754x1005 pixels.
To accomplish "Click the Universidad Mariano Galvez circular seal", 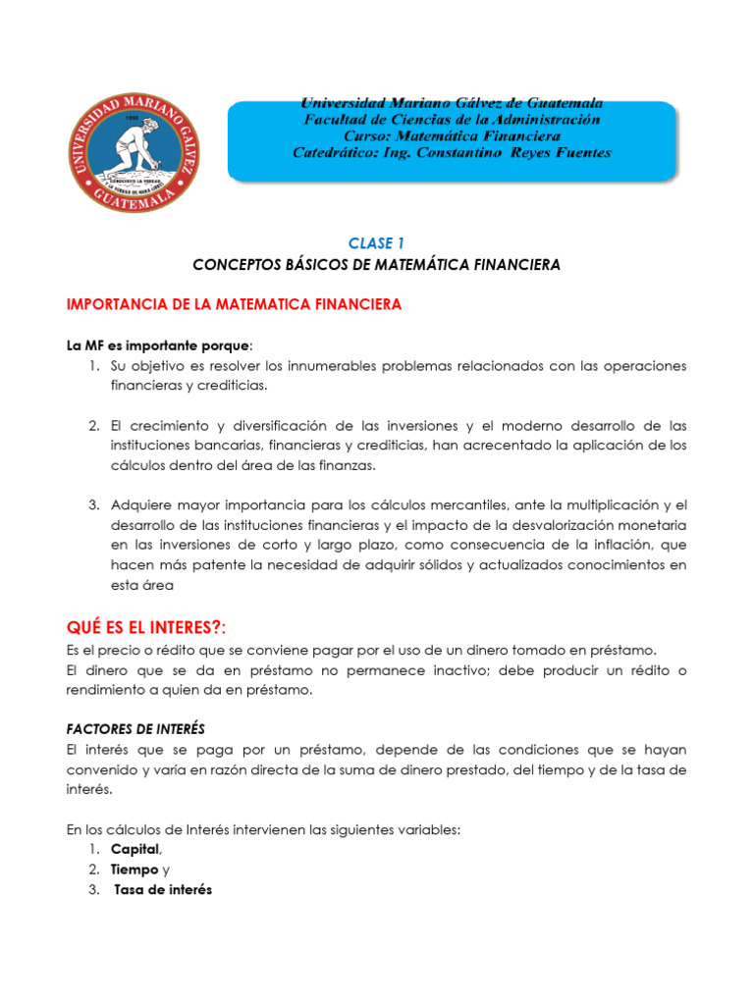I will [134, 151].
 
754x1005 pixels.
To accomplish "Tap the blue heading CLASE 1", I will [376, 242].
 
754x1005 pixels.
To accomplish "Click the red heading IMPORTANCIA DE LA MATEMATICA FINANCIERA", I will [234, 305].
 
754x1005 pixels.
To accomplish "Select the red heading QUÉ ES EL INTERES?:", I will [152, 627].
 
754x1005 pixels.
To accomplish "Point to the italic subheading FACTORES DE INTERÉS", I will [135, 728].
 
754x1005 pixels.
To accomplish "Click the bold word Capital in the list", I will [135, 849].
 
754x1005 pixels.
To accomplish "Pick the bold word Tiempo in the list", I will [135, 870].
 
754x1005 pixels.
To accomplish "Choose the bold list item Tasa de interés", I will [163, 890].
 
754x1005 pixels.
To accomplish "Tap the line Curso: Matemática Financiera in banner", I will [452, 135].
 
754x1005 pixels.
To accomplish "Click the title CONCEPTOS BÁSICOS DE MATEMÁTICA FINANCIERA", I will [376, 265].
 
